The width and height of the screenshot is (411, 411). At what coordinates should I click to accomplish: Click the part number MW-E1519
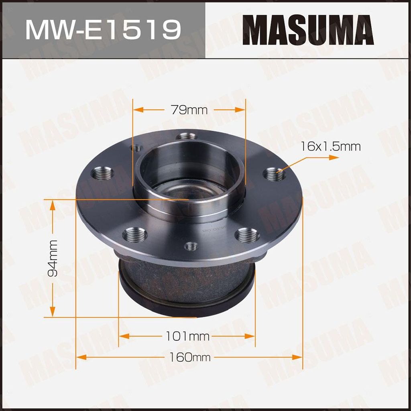(x=103, y=30)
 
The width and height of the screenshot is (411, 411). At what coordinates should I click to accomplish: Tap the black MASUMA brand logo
(x=308, y=30)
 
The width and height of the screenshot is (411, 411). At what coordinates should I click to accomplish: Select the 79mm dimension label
(x=189, y=110)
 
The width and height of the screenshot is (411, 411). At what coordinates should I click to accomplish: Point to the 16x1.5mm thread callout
(x=330, y=146)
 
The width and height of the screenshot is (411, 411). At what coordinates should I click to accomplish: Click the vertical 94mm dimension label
(x=53, y=258)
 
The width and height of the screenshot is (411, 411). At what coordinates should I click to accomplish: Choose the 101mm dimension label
(x=187, y=336)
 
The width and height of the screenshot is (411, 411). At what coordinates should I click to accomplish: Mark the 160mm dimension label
(x=189, y=357)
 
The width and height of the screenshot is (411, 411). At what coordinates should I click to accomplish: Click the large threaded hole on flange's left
(x=102, y=173)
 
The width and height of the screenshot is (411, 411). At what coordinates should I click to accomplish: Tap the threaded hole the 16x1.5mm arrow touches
(x=274, y=175)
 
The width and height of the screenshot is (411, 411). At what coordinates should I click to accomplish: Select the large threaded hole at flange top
(x=186, y=136)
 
